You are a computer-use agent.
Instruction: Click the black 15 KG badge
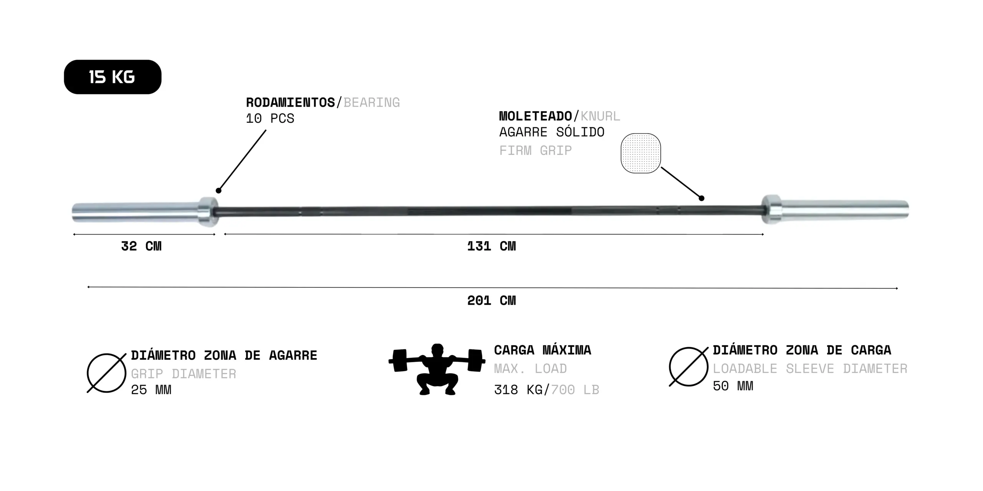113,77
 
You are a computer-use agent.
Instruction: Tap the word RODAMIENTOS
290,102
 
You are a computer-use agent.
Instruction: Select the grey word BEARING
372,102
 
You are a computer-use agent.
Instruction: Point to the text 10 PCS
270,119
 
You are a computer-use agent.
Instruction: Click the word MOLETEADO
536,116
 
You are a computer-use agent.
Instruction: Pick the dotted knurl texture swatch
640,153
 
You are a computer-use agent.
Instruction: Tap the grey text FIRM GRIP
535,150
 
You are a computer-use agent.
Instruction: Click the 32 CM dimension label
141,246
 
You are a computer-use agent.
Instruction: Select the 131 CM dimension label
491,246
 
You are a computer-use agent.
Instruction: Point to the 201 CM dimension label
491,300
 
